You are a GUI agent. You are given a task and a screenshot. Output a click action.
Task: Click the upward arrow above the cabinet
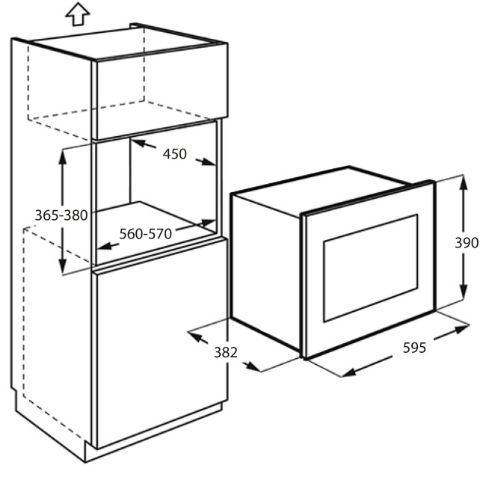click(x=78, y=14)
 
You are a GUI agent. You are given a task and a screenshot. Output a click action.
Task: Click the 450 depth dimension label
click(x=175, y=154)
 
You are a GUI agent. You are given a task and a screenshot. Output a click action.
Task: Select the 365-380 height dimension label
click(x=61, y=215)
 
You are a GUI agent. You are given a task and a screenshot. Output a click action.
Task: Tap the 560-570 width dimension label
click(x=145, y=234)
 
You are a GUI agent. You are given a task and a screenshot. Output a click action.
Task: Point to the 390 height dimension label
click(x=467, y=243)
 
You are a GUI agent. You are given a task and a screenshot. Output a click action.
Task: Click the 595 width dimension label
click(x=414, y=348)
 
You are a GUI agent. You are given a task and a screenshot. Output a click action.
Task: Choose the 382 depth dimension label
click(x=226, y=352)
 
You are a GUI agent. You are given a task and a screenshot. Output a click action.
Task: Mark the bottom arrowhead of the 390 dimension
click(x=463, y=292)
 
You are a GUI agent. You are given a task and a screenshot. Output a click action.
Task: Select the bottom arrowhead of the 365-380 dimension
click(x=63, y=267)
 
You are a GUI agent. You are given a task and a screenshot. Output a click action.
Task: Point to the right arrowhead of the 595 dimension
click(x=462, y=329)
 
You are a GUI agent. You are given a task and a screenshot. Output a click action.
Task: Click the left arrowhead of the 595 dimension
click(x=348, y=372)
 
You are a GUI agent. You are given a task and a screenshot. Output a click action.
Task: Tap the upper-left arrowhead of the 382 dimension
click(x=195, y=336)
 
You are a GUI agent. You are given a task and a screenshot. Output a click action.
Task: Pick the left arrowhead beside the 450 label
click(x=139, y=143)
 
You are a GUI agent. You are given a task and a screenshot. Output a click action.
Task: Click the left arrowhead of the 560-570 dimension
click(x=105, y=247)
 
